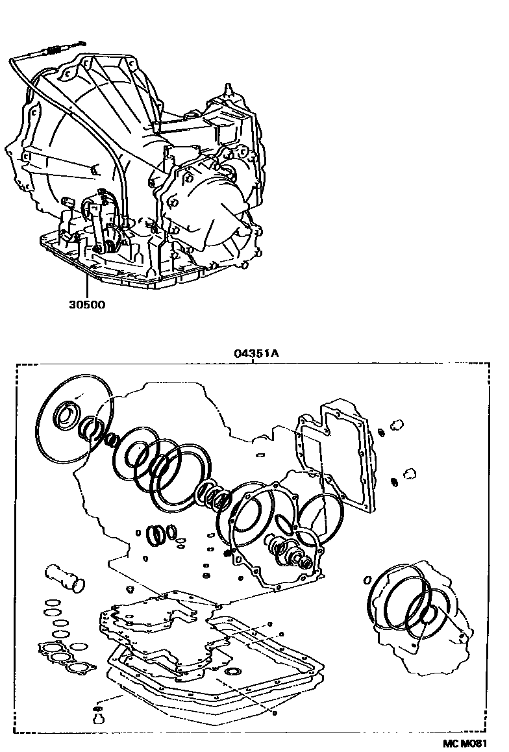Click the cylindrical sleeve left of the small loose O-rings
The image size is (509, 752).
pyautogui.click(x=65, y=579)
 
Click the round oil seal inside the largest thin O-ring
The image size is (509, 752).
pyautogui.click(x=67, y=415)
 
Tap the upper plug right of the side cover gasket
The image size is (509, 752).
pyautogui.click(x=395, y=425)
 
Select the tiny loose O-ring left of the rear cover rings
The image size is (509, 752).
pyautogui.click(x=367, y=578)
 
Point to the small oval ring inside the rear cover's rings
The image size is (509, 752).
pyautogui.click(x=429, y=614)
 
